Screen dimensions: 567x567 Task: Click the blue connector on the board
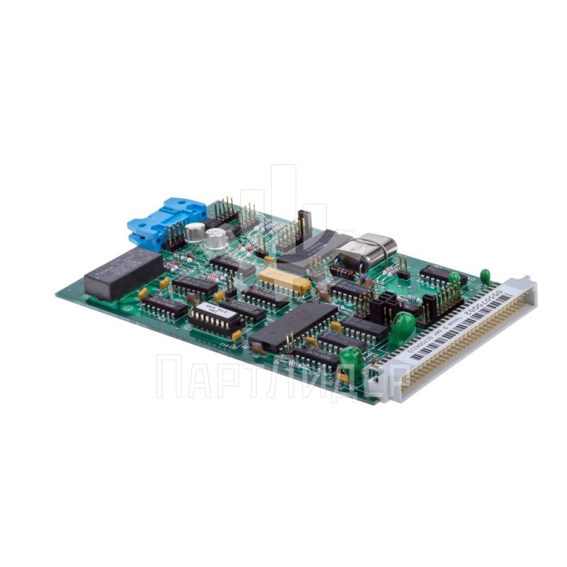coord(166,223)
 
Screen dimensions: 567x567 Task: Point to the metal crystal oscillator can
coord(366,249)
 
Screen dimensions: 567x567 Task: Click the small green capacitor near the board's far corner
coord(485,276)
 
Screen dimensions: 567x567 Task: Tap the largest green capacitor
coord(403,326)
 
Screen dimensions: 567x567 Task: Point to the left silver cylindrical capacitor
coord(195,232)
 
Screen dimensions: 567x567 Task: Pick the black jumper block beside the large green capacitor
coord(383,306)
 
